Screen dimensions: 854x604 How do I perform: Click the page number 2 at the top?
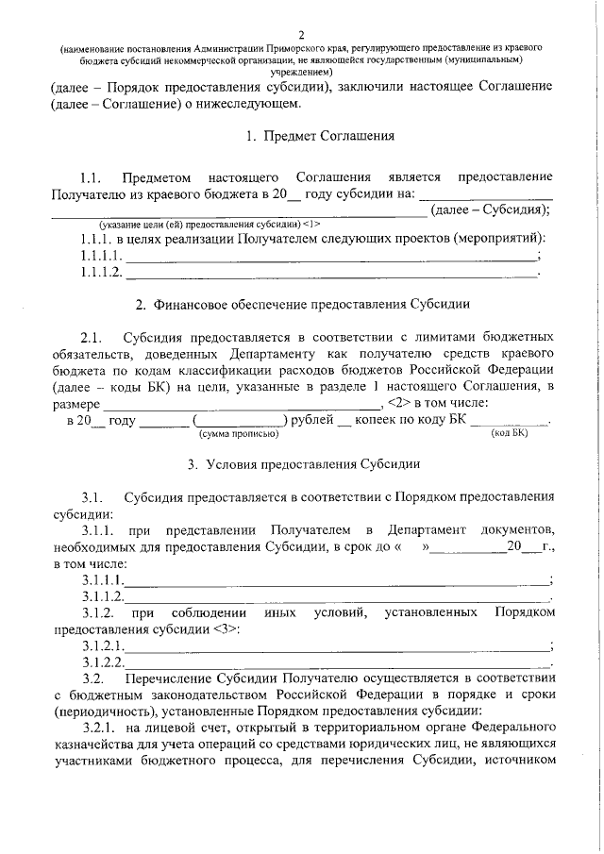point(301,35)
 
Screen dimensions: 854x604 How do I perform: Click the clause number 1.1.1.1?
point(101,256)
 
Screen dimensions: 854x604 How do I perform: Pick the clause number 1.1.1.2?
point(101,273)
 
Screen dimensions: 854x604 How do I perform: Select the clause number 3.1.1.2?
point(103,596)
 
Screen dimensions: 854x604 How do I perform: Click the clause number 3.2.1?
point(98,728)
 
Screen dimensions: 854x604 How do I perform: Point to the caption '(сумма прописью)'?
point(237,434)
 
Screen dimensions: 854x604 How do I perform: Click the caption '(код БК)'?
point(510,434)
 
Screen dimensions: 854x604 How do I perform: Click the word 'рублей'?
point(311,420)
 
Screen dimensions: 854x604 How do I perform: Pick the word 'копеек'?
point(377,420)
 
